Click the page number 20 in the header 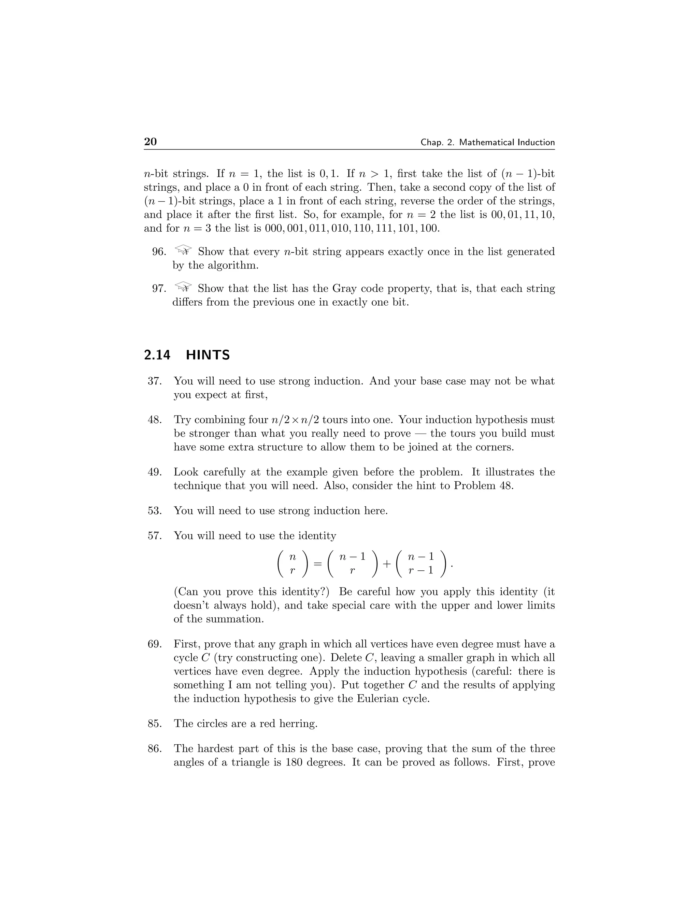point(150,142)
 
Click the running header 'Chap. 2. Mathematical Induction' point(487,142)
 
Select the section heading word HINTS point(208,355)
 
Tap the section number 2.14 point(157,355)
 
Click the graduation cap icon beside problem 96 point(183,250)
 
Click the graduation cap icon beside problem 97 point(183,287)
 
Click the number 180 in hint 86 point(295,762)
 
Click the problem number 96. point(159,252)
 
